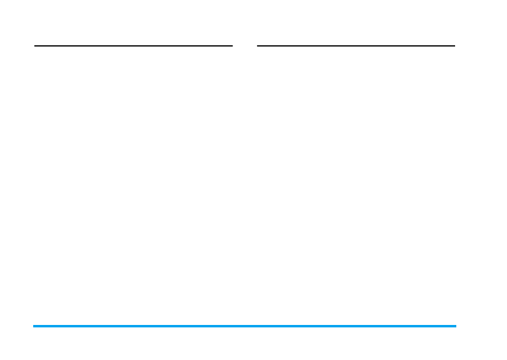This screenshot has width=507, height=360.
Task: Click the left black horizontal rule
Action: point(133,45)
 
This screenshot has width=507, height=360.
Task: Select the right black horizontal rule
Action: point(356,45)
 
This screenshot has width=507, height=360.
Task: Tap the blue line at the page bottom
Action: point(244,326)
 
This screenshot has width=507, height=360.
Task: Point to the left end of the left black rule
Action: point(36,45)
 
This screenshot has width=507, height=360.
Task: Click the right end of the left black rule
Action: point(232,45)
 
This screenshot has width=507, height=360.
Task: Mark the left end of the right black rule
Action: point(258,45)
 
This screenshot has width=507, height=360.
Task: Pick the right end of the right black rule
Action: point(454,45)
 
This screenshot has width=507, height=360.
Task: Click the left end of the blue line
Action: point(34,326)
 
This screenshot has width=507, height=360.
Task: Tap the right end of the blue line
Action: point(455,326)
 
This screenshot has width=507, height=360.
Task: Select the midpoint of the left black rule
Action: point(133,45)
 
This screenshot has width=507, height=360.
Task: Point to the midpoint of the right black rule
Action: point(356,45)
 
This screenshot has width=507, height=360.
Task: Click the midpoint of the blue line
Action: point(244,326)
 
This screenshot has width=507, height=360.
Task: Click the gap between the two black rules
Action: point(245,45)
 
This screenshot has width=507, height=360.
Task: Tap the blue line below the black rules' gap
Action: point(245,326)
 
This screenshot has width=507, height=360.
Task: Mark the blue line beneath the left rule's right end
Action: point(232,326)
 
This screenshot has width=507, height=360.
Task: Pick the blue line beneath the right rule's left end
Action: point(258,326)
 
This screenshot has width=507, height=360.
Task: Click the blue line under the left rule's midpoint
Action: point(133,326)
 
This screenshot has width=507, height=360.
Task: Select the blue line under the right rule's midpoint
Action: point(356,326)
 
